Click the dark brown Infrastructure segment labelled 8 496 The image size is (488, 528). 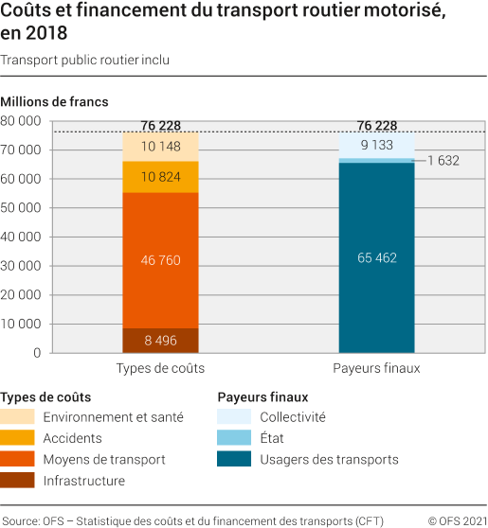coord(160,341)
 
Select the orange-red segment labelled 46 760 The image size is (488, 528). coord(160,260)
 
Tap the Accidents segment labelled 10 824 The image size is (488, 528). coord(160,177)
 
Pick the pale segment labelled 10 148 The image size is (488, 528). coord(160,147)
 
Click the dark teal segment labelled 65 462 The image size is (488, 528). coord(376,256)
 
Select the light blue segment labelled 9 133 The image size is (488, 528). coord(376,146)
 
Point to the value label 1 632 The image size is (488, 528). coord(443,161)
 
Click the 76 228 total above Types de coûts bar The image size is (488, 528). coord(160,125)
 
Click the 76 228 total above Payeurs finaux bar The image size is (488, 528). coord(376,125)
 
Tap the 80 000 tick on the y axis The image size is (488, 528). coord(22,121)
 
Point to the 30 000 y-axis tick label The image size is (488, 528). coord(22,266)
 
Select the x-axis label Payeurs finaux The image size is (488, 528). coord(376,368)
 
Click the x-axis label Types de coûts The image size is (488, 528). coord(160,368)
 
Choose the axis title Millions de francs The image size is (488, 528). coord(54,101)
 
